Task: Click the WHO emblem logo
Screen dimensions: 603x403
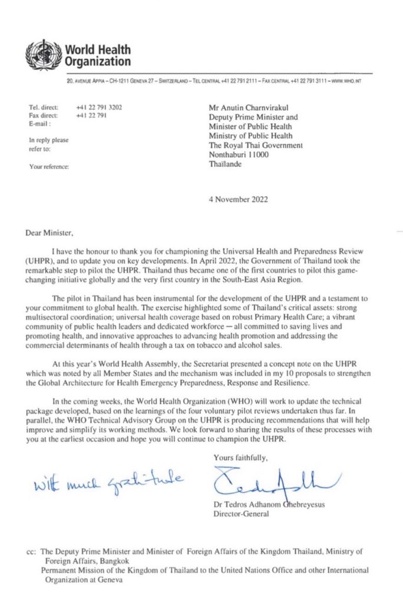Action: click(x=42, y=54)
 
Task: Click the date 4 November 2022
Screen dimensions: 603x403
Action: click(x=239, y=199)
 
